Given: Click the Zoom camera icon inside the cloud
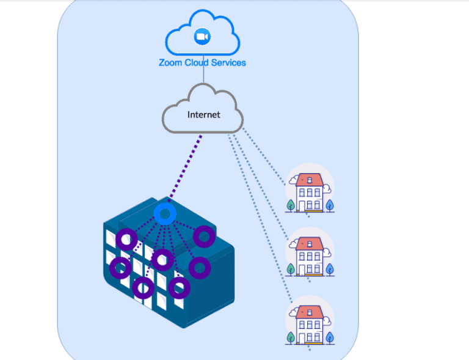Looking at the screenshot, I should click(x=202, y=37).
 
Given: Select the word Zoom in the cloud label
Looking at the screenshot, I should click(x=171, y=62).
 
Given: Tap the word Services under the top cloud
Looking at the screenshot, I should click(x=227, y=62).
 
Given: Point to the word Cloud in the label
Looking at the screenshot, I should click(x=197, y=62).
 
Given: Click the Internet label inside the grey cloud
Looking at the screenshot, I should click(x=203, y=114).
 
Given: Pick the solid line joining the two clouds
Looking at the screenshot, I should click(x=203, y=75).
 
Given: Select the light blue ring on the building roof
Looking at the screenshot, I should click(x=165, y=213).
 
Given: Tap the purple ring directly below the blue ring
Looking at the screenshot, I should click(x=162, y=260).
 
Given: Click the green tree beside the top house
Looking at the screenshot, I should click(x=290, y=204).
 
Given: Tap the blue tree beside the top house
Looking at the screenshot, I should click(x=330, y=204).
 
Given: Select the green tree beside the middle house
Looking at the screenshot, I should click(x=290, y=269).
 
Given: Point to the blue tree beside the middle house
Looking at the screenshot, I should click(x=330, y=268).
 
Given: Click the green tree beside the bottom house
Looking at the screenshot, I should click(x=290, y=337).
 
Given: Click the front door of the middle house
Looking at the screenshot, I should click(x=309, y=270).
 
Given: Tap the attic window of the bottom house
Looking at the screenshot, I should click(x=310, y=313).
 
